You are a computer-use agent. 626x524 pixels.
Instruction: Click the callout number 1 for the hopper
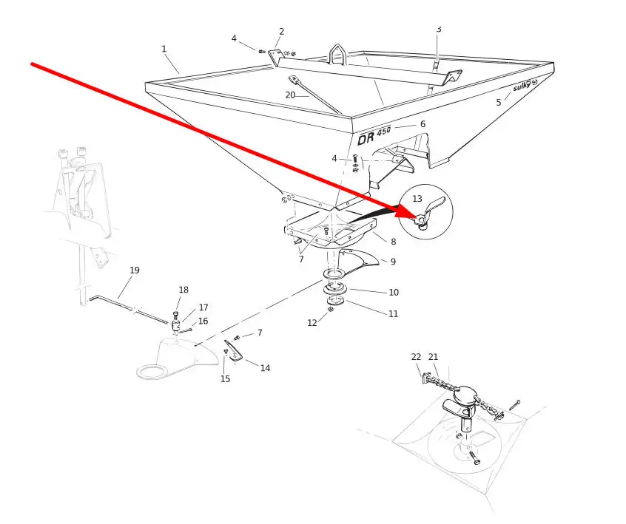point(164,49)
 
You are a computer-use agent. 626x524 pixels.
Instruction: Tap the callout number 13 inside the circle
point(417,199)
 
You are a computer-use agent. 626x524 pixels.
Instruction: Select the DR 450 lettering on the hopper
point(374,135)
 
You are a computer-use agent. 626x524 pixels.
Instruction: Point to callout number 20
point(290,95)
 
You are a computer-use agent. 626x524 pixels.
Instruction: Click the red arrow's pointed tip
point(417,218)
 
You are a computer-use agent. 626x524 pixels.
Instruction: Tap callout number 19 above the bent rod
point(135,270)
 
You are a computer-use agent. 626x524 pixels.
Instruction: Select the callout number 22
point(417,357)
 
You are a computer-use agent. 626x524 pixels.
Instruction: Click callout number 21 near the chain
point(433,357)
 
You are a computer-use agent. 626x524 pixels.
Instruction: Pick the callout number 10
point(394,293)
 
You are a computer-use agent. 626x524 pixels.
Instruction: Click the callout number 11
point(393,314)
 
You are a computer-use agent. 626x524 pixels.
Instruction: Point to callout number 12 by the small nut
point(312,323)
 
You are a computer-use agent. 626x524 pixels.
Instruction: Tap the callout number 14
point(265,368)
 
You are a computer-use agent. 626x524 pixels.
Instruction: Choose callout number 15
point(225,379)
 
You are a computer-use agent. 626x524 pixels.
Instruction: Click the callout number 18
point(184,290)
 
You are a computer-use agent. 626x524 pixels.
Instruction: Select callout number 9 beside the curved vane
point(393,262)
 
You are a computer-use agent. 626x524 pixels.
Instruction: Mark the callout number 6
point(423,124)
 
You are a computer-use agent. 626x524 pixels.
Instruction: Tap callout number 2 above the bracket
point(282,32)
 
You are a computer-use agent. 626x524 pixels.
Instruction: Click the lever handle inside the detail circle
point(434,206)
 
